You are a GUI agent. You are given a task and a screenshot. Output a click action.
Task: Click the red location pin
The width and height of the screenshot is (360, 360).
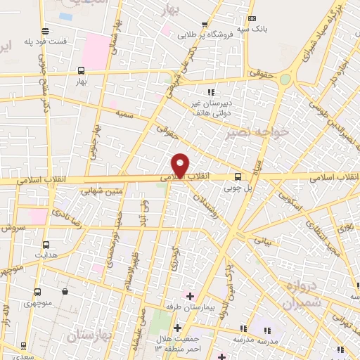pyautogui.click(x=180, y=165)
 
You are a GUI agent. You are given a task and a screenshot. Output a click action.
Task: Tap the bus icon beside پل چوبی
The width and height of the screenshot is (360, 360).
pyautogui.click(x=238, y=176)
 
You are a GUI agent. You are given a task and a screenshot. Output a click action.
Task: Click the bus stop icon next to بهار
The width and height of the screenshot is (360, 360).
pyautogui.click(x=82, y=70)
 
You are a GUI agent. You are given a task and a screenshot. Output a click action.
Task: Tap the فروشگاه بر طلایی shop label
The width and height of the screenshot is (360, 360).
pyautogui.click(x=204, y=34)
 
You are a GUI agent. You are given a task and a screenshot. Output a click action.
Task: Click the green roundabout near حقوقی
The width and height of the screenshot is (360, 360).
pyautogui.click(x=285, y=79)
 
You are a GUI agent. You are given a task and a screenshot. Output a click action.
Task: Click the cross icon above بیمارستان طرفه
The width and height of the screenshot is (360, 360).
pyautogui.click(x=190, y=296)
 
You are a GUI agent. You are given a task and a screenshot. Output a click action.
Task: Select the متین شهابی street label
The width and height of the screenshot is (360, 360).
pyautogui.click(x=103, y=190)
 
